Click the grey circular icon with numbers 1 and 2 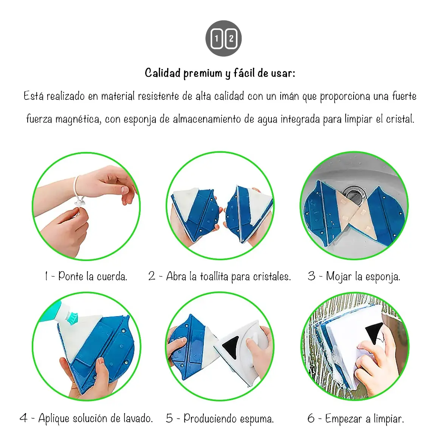[223, 38]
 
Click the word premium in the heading [203, 73]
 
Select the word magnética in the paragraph [78, 119]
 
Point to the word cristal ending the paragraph [400, 119]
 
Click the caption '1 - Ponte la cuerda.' [86, 276]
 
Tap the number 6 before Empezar [311, 418]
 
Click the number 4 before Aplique [23, 418]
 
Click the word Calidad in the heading [163, 73]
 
